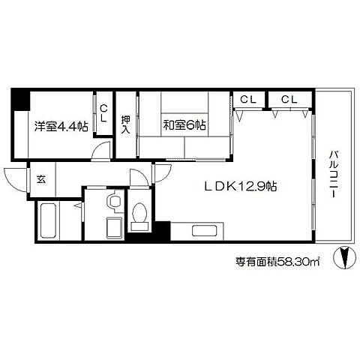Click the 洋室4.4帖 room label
pos(61,126)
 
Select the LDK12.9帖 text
pos(234,185)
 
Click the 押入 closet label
pos(126,123)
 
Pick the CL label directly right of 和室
pos(247,98)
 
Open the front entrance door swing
pos(15,180)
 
